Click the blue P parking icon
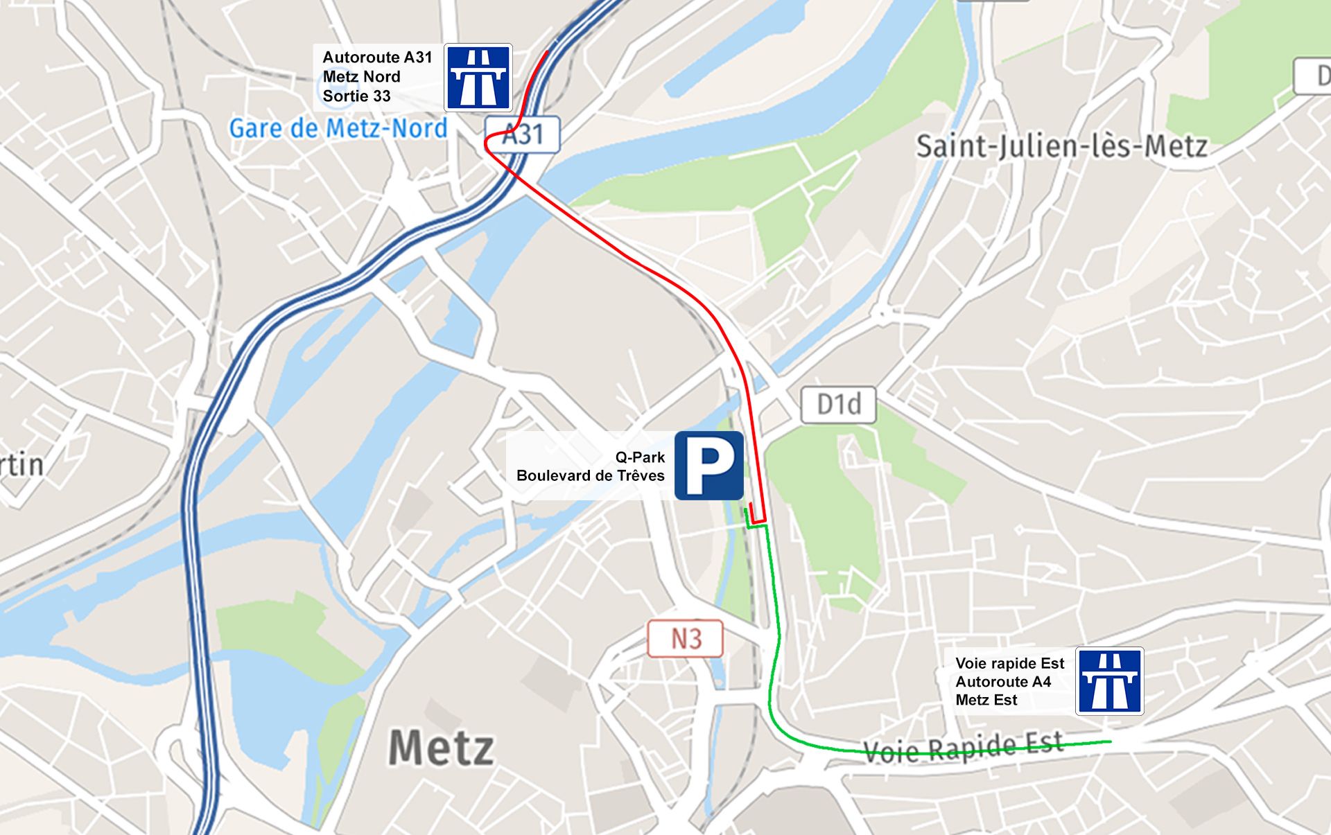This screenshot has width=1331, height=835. tap(708, 466)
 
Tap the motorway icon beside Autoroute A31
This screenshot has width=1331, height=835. tap(478, 77)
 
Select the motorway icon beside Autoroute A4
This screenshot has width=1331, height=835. tap(1109, 681)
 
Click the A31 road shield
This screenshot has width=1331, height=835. tap(522, 134)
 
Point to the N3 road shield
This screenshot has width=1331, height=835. tap(685, 638)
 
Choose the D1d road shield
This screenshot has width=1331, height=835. tap(838, 404)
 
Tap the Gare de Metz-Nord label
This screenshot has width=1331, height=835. tap(338, 128)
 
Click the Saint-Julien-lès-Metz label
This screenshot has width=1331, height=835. tap(1061, 146)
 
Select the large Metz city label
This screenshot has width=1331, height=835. tap(442, 748)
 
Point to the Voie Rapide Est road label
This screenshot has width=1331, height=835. tap(963, 748)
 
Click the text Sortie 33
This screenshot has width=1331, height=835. tap(356, 96)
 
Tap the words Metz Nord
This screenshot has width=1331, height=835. tap(361, 77)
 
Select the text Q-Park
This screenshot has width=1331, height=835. tap(639, 457)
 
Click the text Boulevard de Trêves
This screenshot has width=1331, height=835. tap(590, 476)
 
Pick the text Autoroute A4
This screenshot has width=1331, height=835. tap(1002, 682)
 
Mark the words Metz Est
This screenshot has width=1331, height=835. tap(986, 700)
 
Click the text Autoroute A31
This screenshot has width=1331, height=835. tap(377, 58)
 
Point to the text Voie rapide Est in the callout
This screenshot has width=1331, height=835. tap(1009, 664)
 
